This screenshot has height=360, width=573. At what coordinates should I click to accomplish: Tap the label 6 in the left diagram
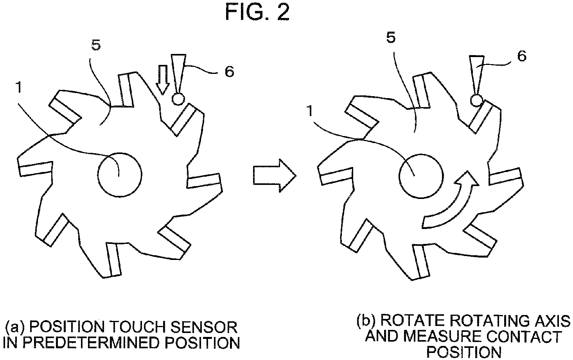[x=229, y=72]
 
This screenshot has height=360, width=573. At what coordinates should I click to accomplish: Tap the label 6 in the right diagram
[x=522, y=56]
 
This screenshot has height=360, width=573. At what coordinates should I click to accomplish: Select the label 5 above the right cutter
[x=391, y=38]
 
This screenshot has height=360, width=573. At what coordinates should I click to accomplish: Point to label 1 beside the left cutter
[x=18, y=88]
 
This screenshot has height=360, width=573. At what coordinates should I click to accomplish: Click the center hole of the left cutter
[x=119, y=175]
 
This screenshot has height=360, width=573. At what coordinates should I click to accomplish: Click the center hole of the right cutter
[x=421, y=176]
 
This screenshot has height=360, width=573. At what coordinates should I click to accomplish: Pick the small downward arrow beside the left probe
[x=163, y=80]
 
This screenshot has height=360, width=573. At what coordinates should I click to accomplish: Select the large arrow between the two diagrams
[x=275, y=176]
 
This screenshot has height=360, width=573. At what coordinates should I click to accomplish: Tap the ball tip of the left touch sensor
[x=178, y=99]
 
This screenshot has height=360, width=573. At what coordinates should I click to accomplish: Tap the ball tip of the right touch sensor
[x=477, y=100]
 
